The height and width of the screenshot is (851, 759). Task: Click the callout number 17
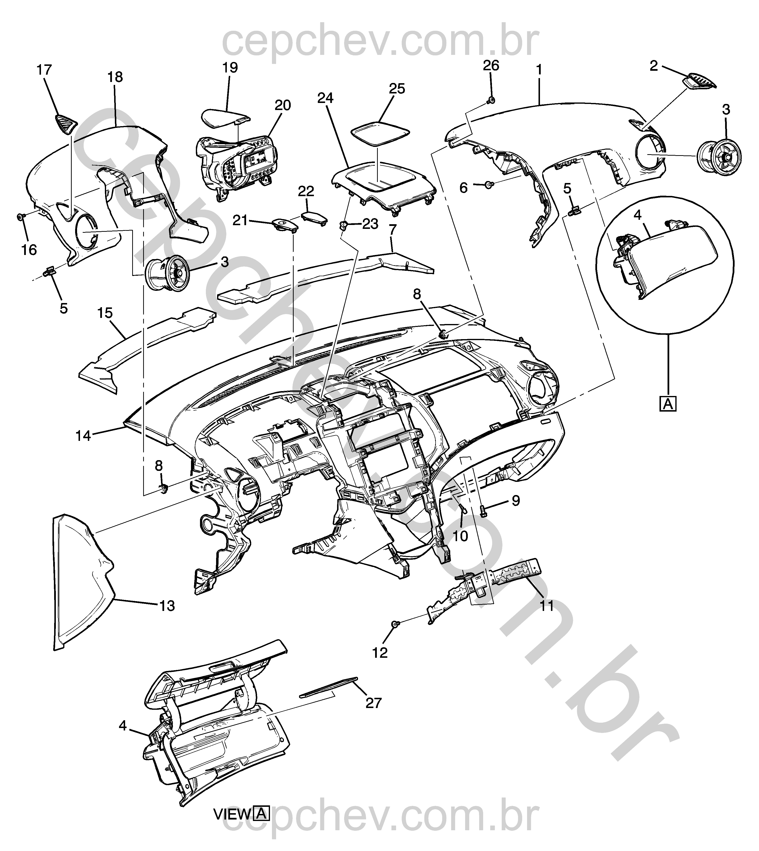pos(44,70)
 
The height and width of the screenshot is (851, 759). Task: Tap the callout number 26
pos(491,66)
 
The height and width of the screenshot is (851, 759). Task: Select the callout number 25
pos(397,89)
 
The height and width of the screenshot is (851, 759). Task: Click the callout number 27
pos(373,703)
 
